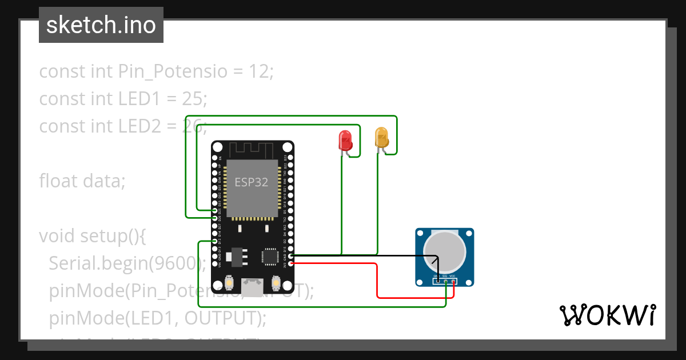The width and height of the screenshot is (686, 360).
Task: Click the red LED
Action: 345,140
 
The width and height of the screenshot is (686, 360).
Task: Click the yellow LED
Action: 381,138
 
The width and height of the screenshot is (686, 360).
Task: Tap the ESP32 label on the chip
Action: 252,182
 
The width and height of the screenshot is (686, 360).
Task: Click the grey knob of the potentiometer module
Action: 444,252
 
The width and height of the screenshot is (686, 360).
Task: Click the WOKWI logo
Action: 607,315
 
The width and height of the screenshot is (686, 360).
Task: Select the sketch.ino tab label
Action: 101,25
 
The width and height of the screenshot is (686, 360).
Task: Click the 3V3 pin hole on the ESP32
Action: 291,264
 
